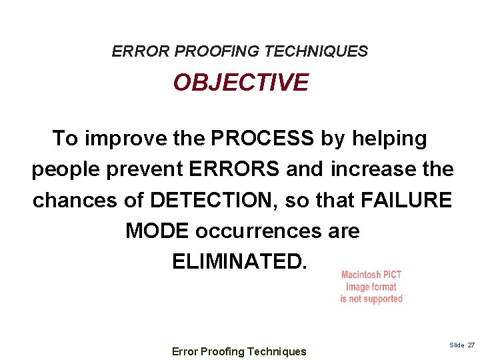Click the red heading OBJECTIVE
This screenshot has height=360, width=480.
click(x=241, y=83)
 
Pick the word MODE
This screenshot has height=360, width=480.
click(x=157, y=231)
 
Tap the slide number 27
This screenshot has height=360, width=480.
click(x=470, y=345)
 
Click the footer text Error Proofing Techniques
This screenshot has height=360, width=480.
click(x=239, y=351)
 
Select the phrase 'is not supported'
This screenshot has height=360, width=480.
click(x=371, y=299)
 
